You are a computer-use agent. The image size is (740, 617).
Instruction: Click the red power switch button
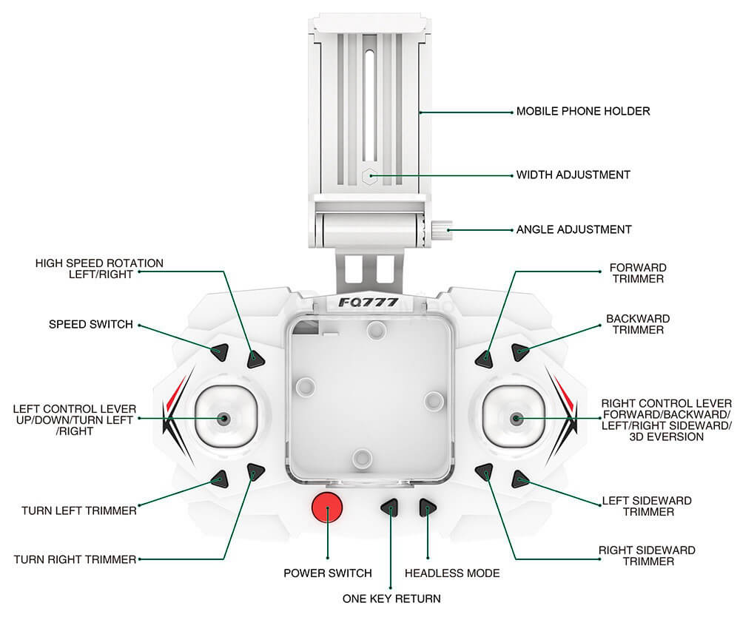click(x=327, y=508)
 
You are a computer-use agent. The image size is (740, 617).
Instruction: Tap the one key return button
click(x=390, y=508)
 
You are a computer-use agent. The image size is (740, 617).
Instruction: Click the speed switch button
click(x=219, y=352)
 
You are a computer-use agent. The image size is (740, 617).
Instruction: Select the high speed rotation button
click(x=256, y=360)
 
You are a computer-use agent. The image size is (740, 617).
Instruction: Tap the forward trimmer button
click(x=484, y=359)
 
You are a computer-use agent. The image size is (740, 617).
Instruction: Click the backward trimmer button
click(x=521, y=352)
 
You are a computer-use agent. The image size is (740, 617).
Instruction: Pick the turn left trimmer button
click(x=219, y=479)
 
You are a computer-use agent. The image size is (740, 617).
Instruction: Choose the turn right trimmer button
click(x=256, y=471)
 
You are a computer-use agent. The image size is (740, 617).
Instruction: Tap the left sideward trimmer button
click(x=521, y=479)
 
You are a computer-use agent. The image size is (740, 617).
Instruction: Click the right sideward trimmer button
click(x=485, y=471)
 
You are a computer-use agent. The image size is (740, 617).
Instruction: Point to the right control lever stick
click(x=516, y=419)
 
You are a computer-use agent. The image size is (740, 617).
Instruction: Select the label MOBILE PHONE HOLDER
click(x=583, y=112)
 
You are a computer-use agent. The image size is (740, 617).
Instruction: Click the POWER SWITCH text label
click(x=328, y=573)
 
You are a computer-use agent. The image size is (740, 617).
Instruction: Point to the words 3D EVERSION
click(x=667, y=437)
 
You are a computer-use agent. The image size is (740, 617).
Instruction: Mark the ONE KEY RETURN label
click(x=391, y=599)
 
